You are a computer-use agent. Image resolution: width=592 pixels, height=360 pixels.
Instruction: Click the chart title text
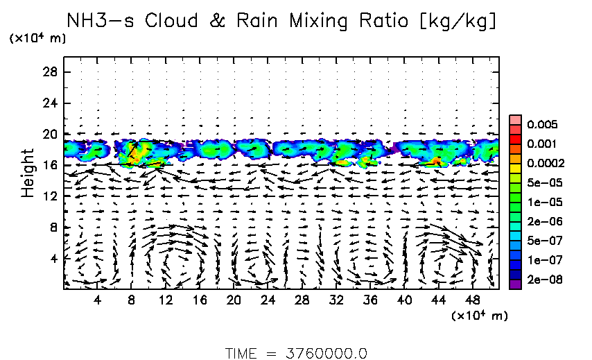[282, 22]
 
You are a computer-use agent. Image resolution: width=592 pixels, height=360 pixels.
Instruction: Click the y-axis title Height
[28, 173]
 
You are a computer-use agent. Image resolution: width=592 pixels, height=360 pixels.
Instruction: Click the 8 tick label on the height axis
[53, 228]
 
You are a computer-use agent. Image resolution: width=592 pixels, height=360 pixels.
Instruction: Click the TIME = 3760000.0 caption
[296, 353]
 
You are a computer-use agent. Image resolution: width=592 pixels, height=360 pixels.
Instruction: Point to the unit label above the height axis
[37, 39]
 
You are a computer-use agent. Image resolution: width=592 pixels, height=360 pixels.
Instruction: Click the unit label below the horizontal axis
[479, 316]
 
